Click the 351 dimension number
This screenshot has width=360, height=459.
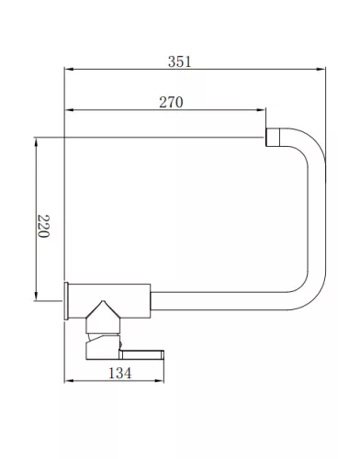click(179, 62)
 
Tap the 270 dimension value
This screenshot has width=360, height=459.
click(171, 102)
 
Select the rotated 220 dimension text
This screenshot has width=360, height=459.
click(43, 226)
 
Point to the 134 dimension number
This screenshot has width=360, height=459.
click(120, 373)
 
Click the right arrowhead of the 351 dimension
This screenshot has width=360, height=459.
click(321, 69)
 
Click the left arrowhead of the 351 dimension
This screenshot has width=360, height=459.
click(69, 69)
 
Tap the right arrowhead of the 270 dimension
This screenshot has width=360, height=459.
click(261, 109)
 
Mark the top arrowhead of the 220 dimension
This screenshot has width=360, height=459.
click(36, 142)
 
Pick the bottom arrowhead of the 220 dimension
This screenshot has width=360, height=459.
click(36, 297)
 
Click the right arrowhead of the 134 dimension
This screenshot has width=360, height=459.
click(160, 381)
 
